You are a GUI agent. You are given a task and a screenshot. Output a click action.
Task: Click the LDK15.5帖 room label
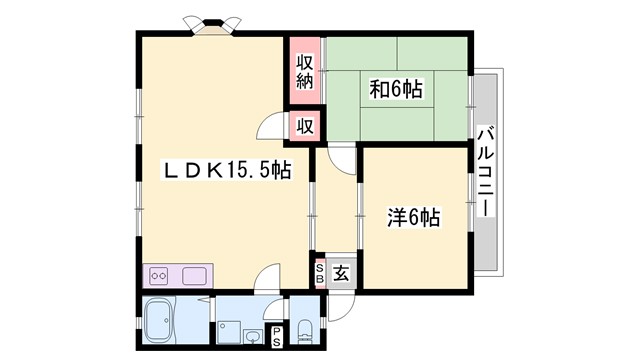click(227, 171)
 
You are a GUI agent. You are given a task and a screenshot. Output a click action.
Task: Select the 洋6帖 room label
click(414, 216)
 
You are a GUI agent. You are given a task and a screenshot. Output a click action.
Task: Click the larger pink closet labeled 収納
click(305, 72)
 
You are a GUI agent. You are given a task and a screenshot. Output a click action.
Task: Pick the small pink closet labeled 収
click(305, 126)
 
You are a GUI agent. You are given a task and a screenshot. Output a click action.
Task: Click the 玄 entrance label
click(341, 271)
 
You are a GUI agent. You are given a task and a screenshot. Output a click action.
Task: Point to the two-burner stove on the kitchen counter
click(160, 275)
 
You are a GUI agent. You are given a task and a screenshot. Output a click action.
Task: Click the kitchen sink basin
click(194, 275)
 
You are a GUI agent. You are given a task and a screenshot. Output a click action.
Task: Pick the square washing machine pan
click(229, 330)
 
